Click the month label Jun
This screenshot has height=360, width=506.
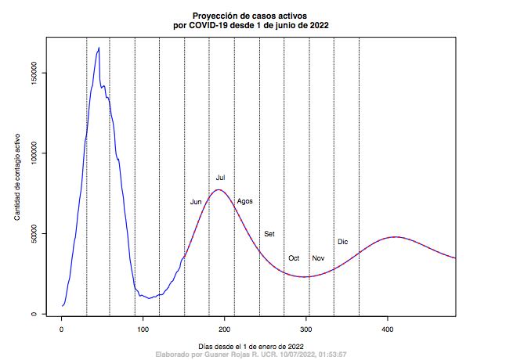pyautogui.click(x=196, y=202)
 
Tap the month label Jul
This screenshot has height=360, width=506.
pyautogui.click(x=221, y=178)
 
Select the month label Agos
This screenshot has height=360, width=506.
pyautogui.click(x=244, y=201)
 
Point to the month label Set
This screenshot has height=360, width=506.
pyautogui.click(x=269, y=234)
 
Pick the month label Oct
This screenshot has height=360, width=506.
pyautogui.click(x=294, y=258)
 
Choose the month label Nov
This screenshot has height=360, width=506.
pyautogui.click(x=318, y=258)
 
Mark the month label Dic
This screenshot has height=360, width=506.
pyautogui.click(x=342, y=242)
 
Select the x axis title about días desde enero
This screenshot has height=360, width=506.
pyautogui.click(x=252, y=345)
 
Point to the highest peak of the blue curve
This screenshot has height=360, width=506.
pyautogui.click(x=99, y=48)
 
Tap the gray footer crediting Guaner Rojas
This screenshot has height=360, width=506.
pyautogui.click(x=252, y=355)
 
